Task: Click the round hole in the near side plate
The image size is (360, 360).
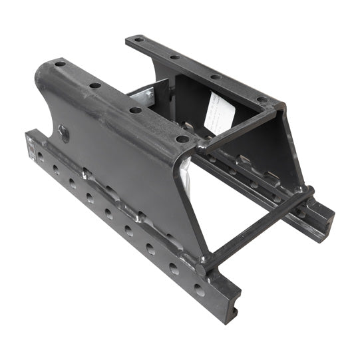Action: [63, 132]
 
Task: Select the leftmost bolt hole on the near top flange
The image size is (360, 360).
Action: [61, 64]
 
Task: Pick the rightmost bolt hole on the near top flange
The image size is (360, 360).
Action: [181, 139]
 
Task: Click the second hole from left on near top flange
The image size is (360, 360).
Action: [95, 85]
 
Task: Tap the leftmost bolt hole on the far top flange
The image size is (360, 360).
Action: [138, 40]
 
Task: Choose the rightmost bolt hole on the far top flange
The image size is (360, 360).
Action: [262, 100]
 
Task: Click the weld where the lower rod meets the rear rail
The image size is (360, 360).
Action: [309, 195]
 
